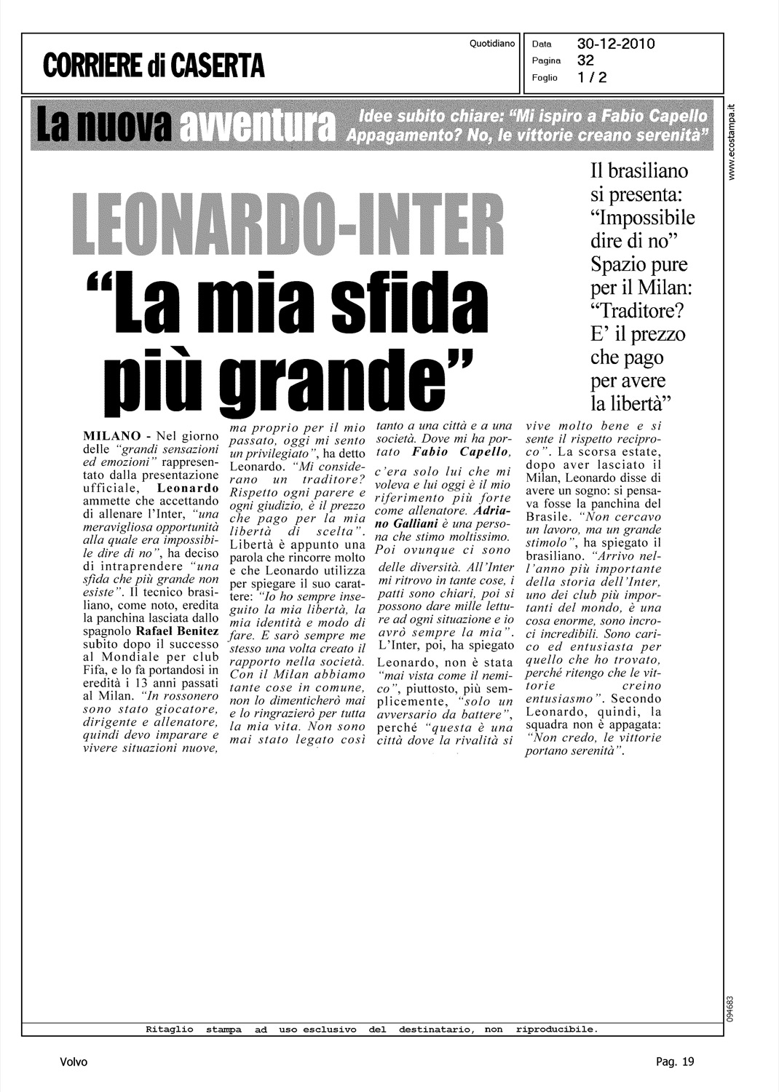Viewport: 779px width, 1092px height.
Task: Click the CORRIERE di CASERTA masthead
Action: pyautogui.click(x=154, y=65)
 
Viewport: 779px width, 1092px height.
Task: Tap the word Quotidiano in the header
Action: pyautogui.click(x=492, y=44)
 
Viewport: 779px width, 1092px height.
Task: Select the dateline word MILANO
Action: pyautogui.click(x=112, y=436)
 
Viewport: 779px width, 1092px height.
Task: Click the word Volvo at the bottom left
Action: pyautogui.click(x=74, y=1062)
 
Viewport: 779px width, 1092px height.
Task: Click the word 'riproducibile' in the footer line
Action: pyautogui.click(x=555, y=1029)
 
